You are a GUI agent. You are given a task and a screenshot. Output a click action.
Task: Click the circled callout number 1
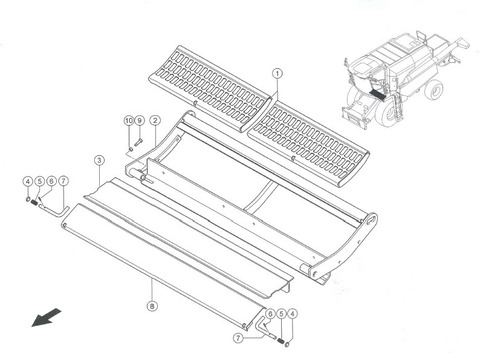click(x=277, y=73)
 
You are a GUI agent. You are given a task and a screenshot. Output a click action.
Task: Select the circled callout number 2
click(x=155, y=120)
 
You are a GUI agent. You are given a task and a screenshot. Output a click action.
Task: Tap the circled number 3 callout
click(x=99, y=160)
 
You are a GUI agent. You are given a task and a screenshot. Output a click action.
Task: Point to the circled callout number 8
click(x=152, y=306)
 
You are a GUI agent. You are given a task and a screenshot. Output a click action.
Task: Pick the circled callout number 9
click(x=140, y=120)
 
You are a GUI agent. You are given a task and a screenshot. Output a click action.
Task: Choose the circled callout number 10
click(x=129, y=120)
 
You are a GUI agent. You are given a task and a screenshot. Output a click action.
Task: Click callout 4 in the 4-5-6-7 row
click(x=28, y=181)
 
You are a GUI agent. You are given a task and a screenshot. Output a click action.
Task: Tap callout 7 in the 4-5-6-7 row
click(x=63, y=181)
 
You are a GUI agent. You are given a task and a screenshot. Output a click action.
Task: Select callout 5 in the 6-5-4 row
click(x=281, y=314)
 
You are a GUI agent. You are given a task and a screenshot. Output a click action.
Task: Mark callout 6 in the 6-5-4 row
click(x=270, y=314)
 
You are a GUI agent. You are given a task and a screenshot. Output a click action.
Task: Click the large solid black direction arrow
click(x=46, y=318)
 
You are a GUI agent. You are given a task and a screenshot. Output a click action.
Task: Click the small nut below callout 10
click(x=131, y=149)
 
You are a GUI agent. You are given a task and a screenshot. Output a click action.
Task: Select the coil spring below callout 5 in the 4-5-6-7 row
click(x=34, y=202)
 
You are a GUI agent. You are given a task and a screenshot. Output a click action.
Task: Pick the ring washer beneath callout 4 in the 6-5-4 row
click(x=288, y=343)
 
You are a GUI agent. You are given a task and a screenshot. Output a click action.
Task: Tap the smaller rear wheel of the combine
click(x=434, y=90)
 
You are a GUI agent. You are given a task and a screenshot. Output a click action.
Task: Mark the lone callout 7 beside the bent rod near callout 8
click(x=238, y=338)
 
